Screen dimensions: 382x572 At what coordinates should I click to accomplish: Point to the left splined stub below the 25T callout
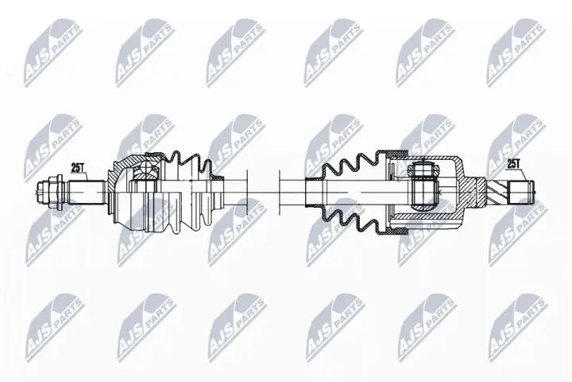(x=83, y=191)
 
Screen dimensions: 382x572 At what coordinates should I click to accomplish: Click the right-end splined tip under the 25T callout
(x=520, y=190)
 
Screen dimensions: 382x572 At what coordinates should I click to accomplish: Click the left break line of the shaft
(x=248, y=190)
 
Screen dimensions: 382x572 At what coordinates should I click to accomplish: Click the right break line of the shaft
(x=279, y=190)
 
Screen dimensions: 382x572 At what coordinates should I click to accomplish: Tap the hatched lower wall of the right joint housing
(x=421, y=228)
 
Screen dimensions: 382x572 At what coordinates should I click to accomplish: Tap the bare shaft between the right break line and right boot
(x=299, y=190)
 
